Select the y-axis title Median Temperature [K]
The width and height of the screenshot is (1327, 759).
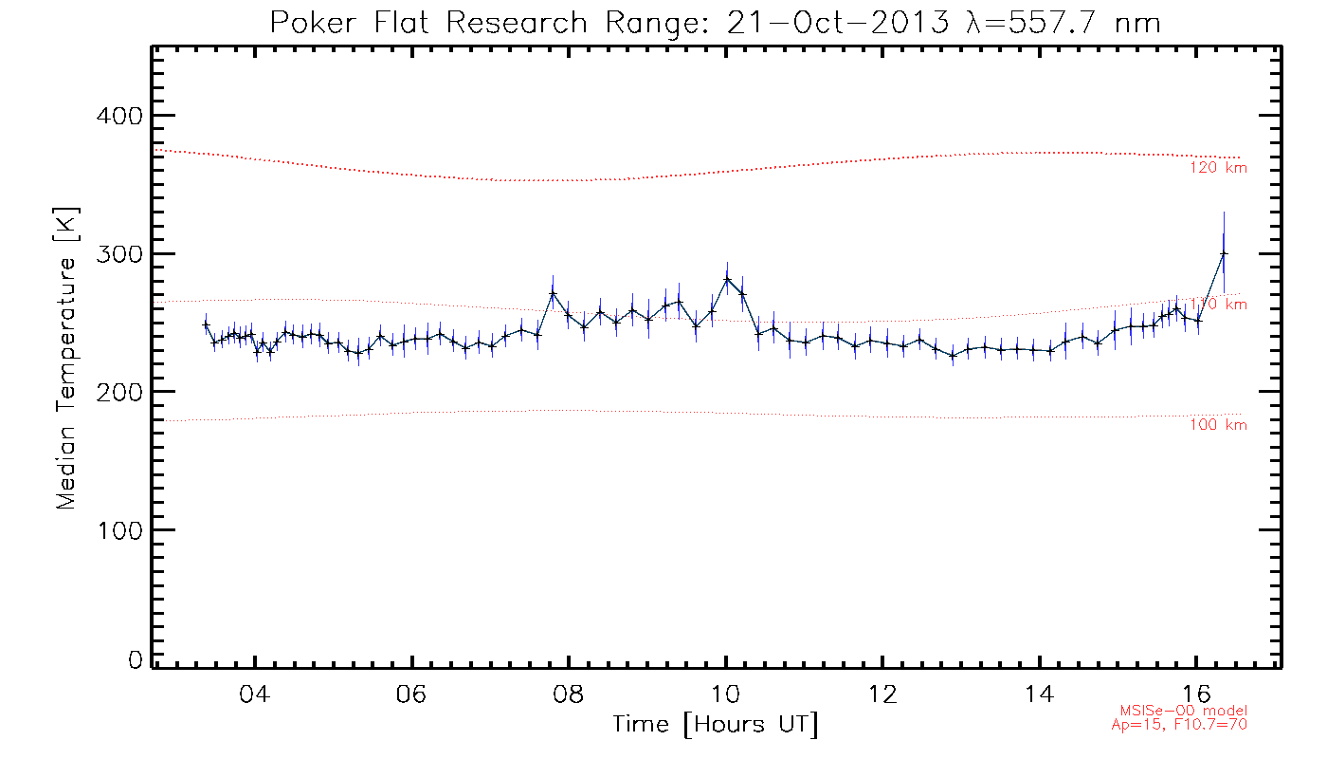pyautogui.click(x=66, y=359)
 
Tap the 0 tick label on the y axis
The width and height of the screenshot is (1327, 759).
pyautogui.click(x=135, y=659)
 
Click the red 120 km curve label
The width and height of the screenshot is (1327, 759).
pyautogui.click(x=1218, y=169)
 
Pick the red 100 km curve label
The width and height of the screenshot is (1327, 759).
pyautogui.click(x=1218, y=426)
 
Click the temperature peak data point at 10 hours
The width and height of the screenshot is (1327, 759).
pyautogui.click(x=727, y=279)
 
